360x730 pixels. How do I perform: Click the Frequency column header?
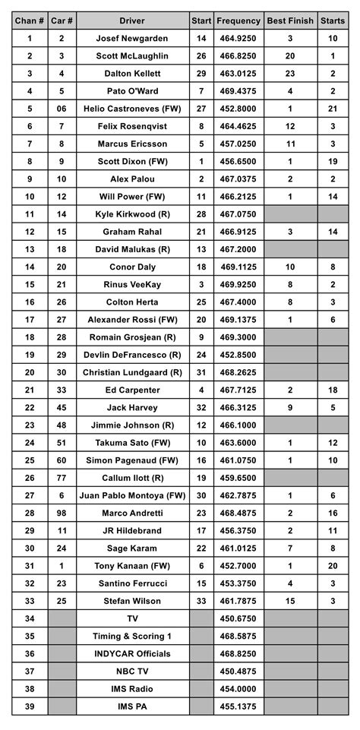pyautogui.click(x=238, y=21)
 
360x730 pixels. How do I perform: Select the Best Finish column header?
pyautogui.click(x=290, y=21)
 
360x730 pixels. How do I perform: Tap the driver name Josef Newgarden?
pyautogui.click(x=133, y=38)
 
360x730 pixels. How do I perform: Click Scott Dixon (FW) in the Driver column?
pyautogui.click(x=133, y=161)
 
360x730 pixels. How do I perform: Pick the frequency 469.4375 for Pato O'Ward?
pyautogui.click(x=238, y=90)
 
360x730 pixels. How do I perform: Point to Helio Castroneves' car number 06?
pyautogui.click(x=62, y=109)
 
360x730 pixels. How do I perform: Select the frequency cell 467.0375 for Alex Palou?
pyautogui.click(x=238, y=179)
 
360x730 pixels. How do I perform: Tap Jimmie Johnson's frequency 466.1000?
pyautogui.click(x=238, y=425)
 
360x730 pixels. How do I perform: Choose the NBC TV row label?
pyautogui.click(x=133, y=672)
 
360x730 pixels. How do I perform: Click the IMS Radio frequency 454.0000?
pyautogui.click(x=238, y=689)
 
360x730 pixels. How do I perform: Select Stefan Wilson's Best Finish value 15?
pyautogui.click(x=290, y=601)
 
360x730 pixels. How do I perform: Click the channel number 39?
pyautogui.click(x=30, y=706)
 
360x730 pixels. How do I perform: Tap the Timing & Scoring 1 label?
pyautogui.click(x=133, y=637)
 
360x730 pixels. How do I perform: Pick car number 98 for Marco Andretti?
pyautogui.click(x=62, y=514)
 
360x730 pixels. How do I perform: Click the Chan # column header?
pyautogui.click(x=30, y=21)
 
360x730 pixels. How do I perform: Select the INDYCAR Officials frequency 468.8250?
pyautogui.click(x=238, y=654)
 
